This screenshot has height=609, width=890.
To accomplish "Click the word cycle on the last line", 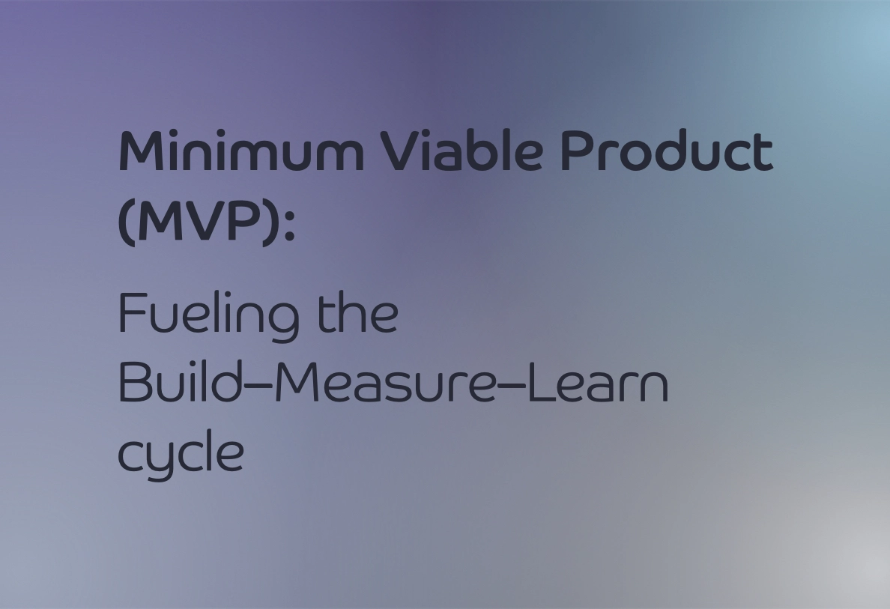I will click(181, 454).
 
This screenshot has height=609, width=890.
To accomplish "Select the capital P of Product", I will click(578, 151).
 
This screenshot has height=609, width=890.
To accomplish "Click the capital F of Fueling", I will click(131, 314).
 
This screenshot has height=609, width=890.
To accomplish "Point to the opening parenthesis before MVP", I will click(125, 223).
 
